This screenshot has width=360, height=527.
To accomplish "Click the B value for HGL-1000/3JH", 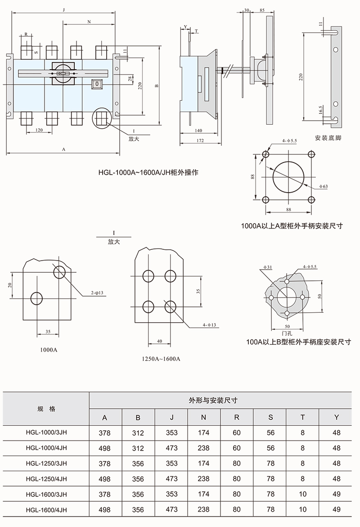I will pyautogui.click(x=138, y=433).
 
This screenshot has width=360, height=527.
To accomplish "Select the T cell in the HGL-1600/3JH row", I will pyautogui.click(x=302, y=494).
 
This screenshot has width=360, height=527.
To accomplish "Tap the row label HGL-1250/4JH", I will pyautogui.click(x=47, y=479).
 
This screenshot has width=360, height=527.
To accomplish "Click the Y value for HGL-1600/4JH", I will pyautogui.click(x=336, y=509).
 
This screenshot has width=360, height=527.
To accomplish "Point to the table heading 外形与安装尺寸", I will pyautogui.click(x=220, y=400).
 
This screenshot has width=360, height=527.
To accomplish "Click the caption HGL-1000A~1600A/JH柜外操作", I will pyautogui.click(x=148, y=172).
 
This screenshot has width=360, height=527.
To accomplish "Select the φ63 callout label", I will pyautogui.click(x=323, y=186).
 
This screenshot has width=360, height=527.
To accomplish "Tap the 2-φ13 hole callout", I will pyautogui.click(x=98, y=293).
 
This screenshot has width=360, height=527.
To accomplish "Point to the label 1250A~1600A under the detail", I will pyautogui.click(x=161, y=359).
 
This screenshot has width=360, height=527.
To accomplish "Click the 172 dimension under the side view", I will pyautogui.click(x=200, y=141).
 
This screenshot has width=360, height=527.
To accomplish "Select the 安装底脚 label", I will pyautogui.click(x=328, y=138).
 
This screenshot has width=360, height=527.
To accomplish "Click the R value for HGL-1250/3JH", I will pyautogui.click(x=237, y=464).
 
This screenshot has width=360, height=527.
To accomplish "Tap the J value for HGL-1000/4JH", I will pyautogui.click(x=171, y=448).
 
